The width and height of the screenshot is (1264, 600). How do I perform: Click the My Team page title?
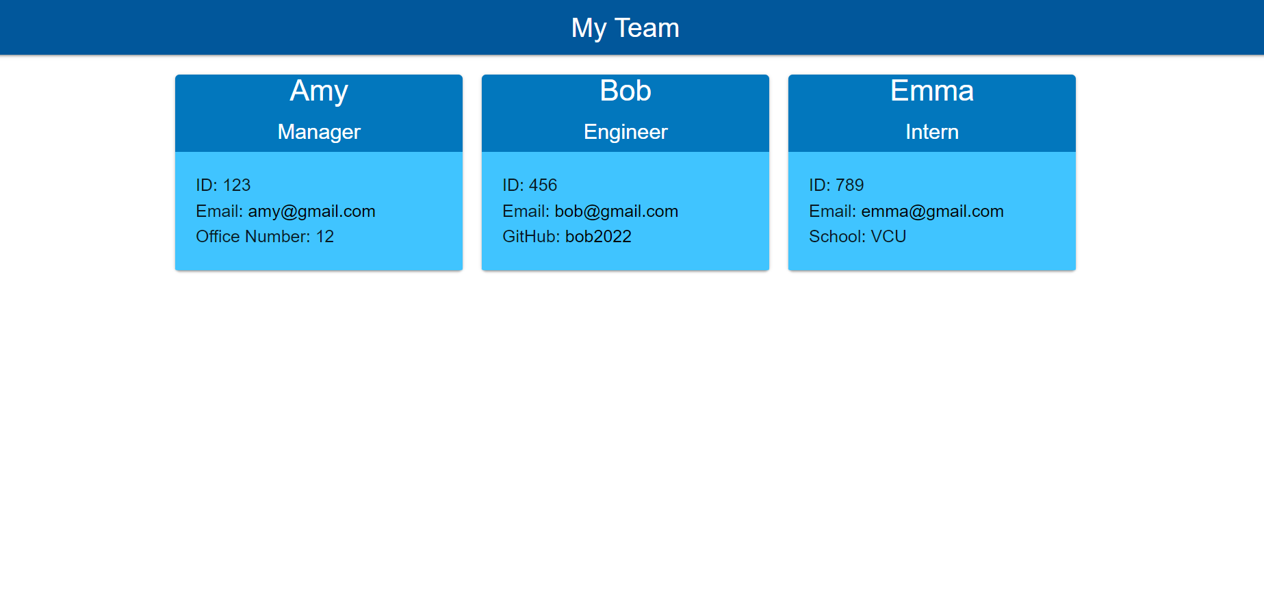tap(625, 28)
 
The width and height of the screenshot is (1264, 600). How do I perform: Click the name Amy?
tap(318, 91)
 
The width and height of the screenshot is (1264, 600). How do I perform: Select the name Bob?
tap(625, 91)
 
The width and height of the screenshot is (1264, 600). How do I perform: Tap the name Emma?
tap(931, 91)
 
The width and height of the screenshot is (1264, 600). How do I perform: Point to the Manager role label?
tap(318, 132)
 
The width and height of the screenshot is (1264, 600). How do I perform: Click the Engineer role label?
tap(625, 132)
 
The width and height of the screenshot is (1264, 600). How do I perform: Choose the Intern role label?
tap(931, 132)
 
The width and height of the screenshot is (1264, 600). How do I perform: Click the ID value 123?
tap(237, 185)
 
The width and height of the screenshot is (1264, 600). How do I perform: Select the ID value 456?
tap(543, 185)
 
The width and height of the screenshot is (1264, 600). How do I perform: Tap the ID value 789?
tap(849, 185)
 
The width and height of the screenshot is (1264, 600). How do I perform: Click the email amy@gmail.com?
tap(311, 211)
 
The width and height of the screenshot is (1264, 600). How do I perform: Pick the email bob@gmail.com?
tap(616, 211)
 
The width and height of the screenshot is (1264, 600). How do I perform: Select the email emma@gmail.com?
tap(932, 211)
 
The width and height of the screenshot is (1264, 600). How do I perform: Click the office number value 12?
tap(324, 237)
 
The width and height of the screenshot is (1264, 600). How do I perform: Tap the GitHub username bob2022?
tap(598, 237)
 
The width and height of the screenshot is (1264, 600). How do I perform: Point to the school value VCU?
tap(888, 237)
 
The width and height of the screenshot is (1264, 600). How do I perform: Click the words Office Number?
tap(251, 237)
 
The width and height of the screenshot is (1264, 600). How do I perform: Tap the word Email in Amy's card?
tap(217, 211)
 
